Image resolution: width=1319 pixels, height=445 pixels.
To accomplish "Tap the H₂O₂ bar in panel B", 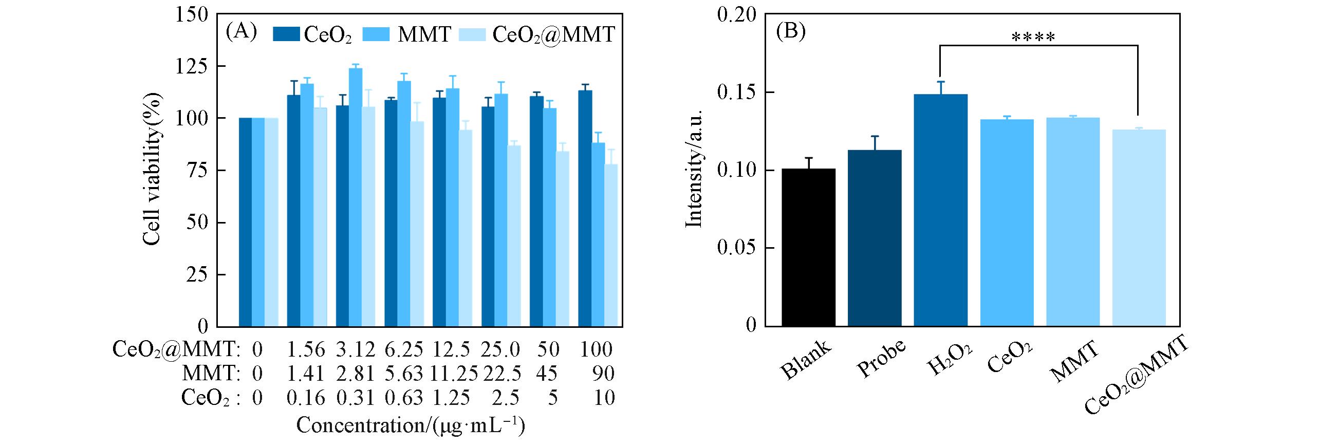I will (x=940, y=210).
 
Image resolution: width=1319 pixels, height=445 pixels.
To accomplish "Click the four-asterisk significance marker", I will (x=1033, y=38).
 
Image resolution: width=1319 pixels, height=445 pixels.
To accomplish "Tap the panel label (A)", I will (x=241, y=32).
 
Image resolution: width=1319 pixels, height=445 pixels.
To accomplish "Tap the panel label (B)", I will (x=790, y=32).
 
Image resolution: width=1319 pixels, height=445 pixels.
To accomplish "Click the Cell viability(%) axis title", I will (x=152, y=170).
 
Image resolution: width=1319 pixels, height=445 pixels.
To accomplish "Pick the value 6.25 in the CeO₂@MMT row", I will (x=404, y=350).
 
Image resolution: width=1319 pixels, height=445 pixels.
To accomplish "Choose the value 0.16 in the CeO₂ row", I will (x=306, y=398).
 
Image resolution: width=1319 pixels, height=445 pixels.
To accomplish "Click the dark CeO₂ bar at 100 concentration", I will (x=585, y=208).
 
